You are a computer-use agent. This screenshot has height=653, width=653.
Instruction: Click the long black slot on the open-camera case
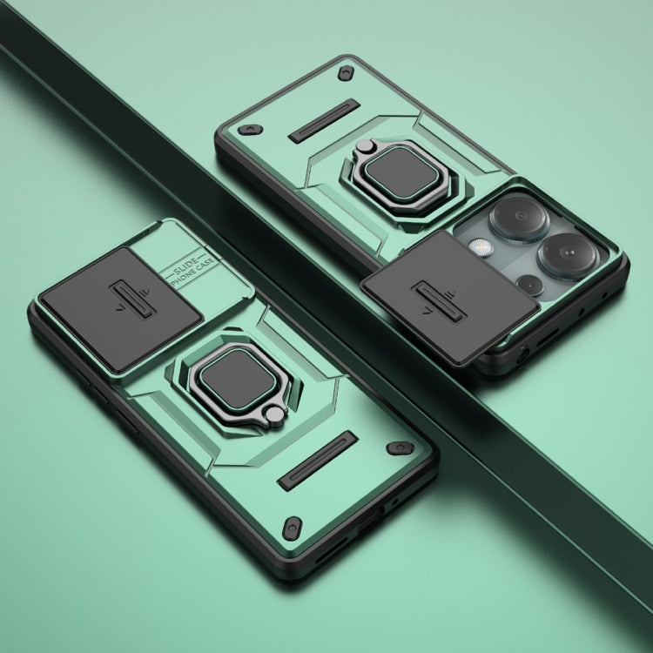[x=324, y=120]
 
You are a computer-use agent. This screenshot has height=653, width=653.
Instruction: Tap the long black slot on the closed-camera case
[x=319, y=460]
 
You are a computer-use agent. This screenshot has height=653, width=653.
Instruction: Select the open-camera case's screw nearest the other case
[x=250, y=129]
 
